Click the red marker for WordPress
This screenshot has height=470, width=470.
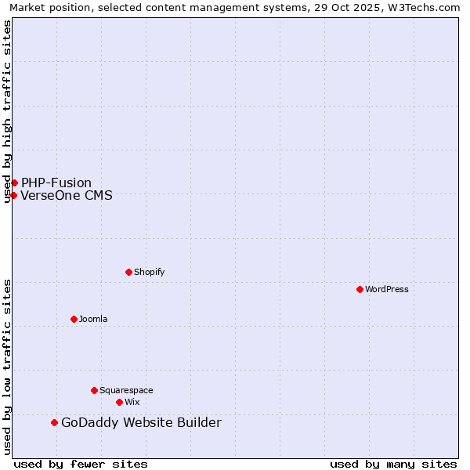pos(360,289)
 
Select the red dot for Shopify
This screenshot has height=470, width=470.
pos(128,272)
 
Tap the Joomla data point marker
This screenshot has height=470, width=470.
pos(74,319)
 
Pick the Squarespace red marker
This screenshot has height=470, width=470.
pos(94,390)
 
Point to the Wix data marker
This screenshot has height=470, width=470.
pos(119,402)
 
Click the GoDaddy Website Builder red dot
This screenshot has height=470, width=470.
pos(54,423)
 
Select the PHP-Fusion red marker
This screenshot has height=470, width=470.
pos(14,183)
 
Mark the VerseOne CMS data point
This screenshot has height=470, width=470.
pos(13,195)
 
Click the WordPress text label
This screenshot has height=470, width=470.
pos(387,289)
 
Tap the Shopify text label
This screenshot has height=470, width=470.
pos(149,272)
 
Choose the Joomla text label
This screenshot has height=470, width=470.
pos(93,319)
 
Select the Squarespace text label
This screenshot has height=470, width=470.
pos(126,390)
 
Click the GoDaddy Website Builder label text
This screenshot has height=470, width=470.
pos(141,423)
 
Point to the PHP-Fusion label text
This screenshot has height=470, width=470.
pos(56,183)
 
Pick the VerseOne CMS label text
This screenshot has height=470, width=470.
pos(67,195)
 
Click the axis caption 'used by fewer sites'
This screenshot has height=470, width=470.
pos(81,464)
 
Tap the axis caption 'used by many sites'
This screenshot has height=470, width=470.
pos(393,464)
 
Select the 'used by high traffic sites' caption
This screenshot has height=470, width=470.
pos(7,111)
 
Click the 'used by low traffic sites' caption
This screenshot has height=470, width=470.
pos(7,367)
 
